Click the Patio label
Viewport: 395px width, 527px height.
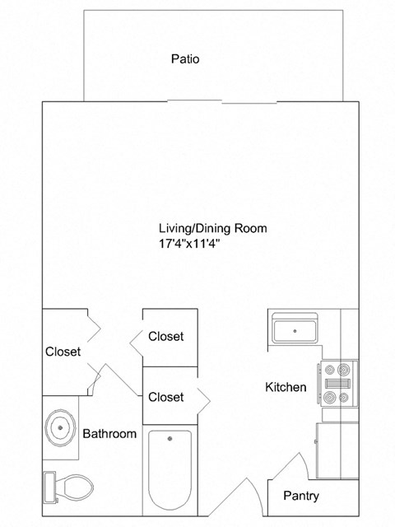[x=185, y=59]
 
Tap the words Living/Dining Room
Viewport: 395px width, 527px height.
[x=212, y=228]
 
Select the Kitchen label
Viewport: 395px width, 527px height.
[x=286, y=387]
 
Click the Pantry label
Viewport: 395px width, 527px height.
[x=301, y=497]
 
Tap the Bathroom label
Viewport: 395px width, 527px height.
[x=109, y=434]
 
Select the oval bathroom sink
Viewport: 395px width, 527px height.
[x=60, y=427]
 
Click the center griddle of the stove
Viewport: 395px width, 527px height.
[x=337, y=384]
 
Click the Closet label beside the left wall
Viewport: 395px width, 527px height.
[x=63, y=352]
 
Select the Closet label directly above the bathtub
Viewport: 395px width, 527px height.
[x=165, y=397]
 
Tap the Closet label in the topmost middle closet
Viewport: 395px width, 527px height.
[x=165, y=336]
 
